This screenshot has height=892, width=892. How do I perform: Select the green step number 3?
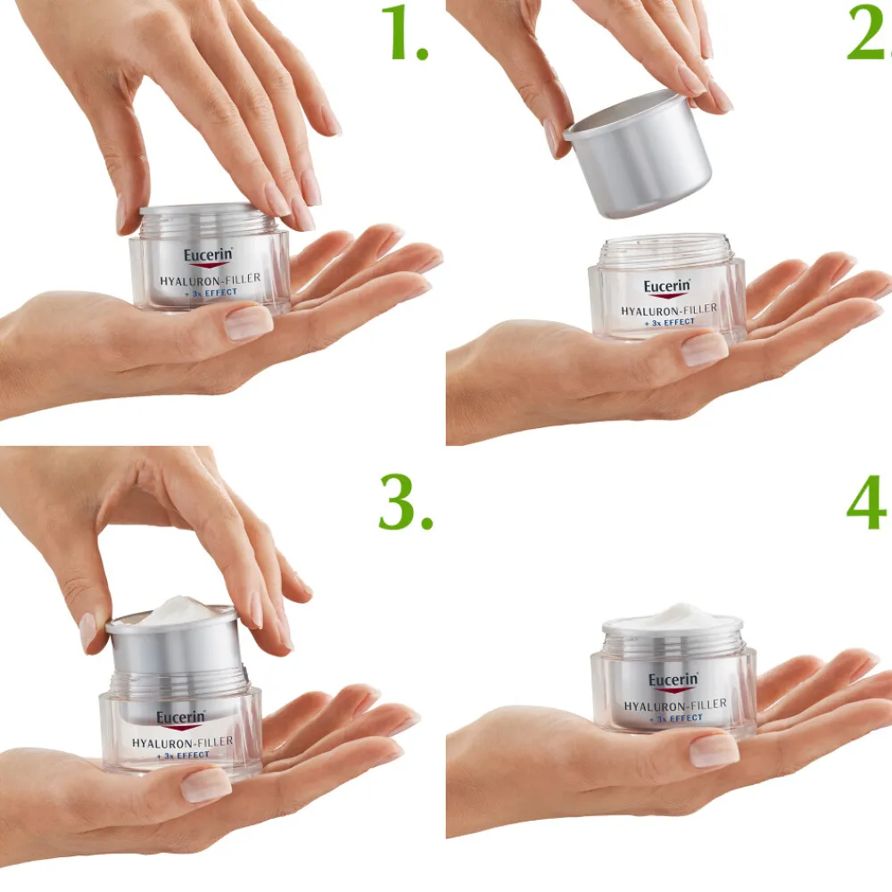pos(404,501)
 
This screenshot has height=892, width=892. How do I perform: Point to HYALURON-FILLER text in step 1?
pos(211,279)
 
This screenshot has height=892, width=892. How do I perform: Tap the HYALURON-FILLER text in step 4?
pos(675,705)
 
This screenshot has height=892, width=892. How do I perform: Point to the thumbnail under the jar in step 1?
pos(248,323)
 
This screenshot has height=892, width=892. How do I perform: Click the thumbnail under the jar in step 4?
pos(714,750)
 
